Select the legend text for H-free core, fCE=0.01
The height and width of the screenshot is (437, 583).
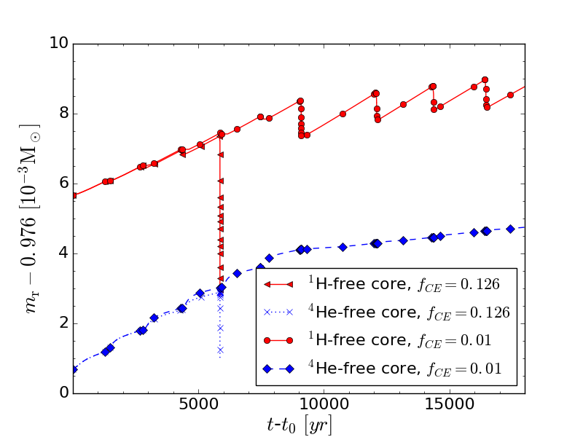(400, 340)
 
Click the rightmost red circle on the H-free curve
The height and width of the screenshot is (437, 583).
(510, 95)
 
